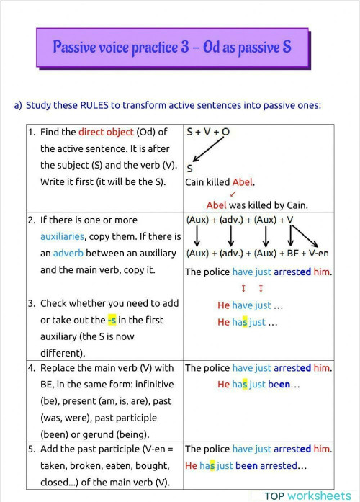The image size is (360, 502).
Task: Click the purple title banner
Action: (172, 48)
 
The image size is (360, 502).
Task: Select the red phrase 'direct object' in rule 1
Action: (106, 132)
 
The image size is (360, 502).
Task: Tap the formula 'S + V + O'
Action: (208, 133)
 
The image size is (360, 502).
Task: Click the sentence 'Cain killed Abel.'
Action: (220, 182)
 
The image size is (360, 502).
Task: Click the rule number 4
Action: (31, 368)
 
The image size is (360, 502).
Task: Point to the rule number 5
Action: (31, 449)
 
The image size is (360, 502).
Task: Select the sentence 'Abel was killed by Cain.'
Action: (256, 205)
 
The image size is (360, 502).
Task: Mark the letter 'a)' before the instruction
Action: (18, 105)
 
